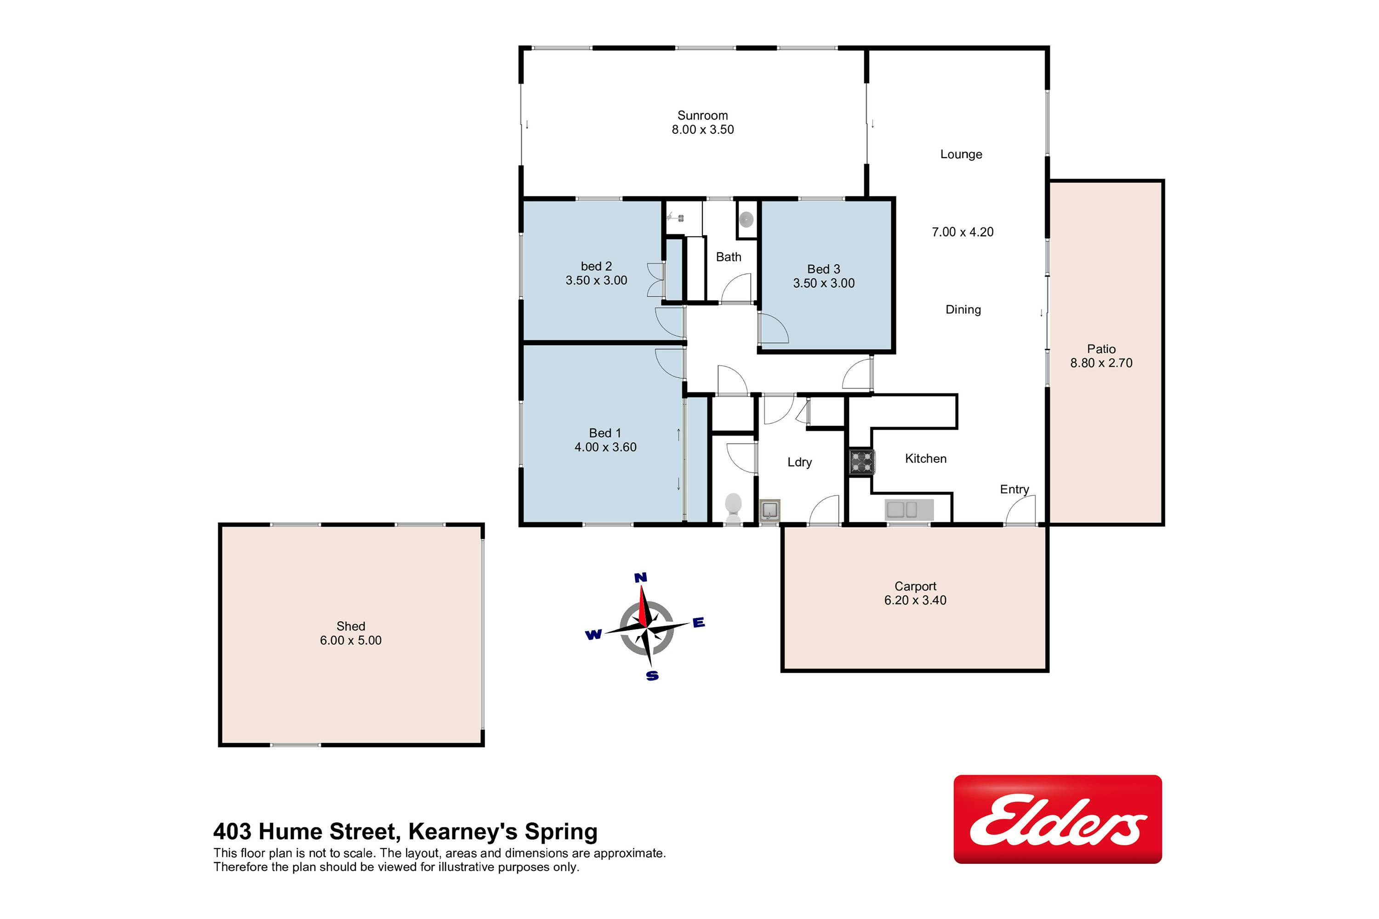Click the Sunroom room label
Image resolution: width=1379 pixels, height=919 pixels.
pos(702,115)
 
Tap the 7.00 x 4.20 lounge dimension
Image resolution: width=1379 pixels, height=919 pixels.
pos(963,232)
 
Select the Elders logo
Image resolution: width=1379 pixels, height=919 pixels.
pos(1058,819)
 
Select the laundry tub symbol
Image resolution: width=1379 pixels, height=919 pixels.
pos(769,511)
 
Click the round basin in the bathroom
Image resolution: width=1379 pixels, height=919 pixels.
pos(746,220)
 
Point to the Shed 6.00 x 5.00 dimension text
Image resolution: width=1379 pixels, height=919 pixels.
pos(351,641)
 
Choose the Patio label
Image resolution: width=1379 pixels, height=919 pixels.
pos(1101,349)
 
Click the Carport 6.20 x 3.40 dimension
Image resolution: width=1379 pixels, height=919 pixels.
pos(915,600)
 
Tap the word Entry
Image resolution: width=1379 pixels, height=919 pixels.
pos(1014,489)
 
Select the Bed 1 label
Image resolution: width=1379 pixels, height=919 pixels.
pos(605,433)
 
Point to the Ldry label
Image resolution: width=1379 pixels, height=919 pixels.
pos(800,462)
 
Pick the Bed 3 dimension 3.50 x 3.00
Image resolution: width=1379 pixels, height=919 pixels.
pos(824,283)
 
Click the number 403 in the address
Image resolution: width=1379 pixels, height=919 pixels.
pos(232,832)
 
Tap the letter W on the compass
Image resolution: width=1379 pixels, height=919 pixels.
pos(593,635)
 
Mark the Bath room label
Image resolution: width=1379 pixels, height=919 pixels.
pos(729,257)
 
